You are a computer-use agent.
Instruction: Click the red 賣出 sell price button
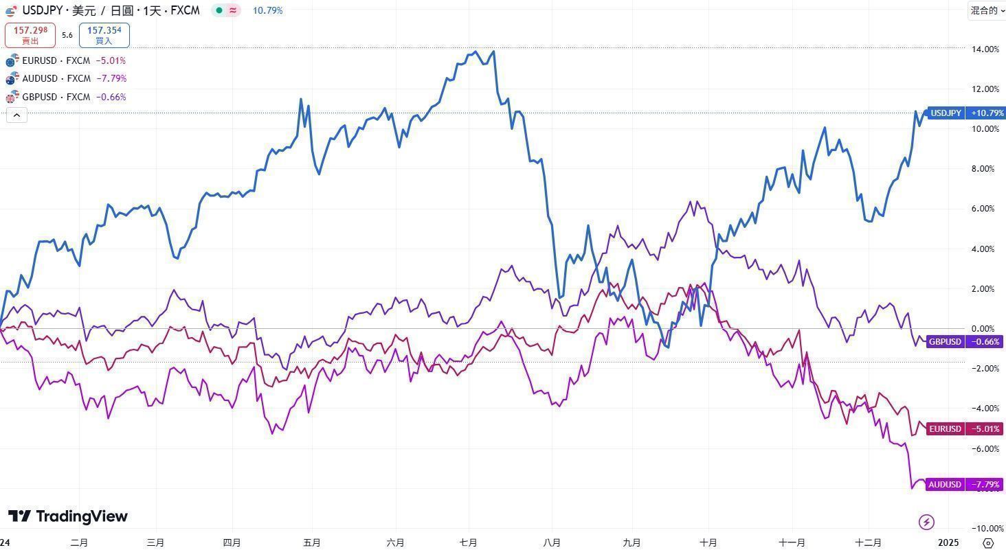pyautogui.click(x=30, y=35)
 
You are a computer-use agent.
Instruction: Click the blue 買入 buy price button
pyautogui.click(x=104, y=35)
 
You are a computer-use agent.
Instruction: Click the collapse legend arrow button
pyautogui.click(x=16, y=115)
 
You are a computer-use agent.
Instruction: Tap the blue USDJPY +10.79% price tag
pyautogui.click(x=965, y=113)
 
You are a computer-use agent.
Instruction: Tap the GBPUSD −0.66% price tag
pyautogui.click(x=965, y=341)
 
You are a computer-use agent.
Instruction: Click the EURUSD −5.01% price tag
pyautogui.click(x=965, y=428)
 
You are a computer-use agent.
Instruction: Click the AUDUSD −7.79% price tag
pyautogui.click(x=965, y=484)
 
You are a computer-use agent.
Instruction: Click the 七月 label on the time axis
pyautogui.click(x=468, y=542)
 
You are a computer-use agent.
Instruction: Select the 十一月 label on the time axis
pyautogui.click(x=792, y=542)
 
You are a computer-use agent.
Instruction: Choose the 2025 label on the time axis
pyautogui.click(x=948, y=542)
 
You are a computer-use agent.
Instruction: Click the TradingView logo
pyautogui.click(x=68, y=516)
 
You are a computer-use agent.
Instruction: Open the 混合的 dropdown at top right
pyautogui.click(x=987, y=10)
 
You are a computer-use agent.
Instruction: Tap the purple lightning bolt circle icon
pyautogui.click(x=926, y=523)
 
